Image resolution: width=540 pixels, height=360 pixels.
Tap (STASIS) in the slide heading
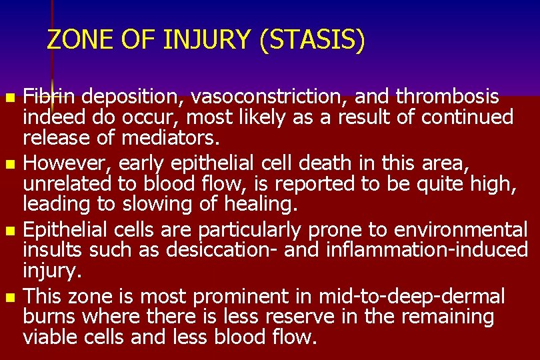[313, 40]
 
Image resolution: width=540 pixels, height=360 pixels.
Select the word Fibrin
[49, 97]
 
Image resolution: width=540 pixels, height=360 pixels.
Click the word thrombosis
[447, 97]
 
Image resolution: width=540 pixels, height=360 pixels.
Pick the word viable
[51, 337]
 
